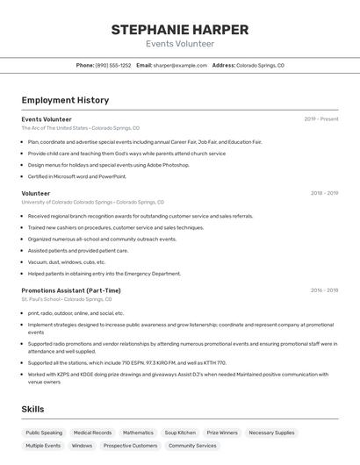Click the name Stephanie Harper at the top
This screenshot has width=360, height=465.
point(179,30)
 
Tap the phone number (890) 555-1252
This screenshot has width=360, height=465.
point(113,65)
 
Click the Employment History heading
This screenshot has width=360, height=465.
point(65,100)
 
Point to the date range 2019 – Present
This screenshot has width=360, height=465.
point(321,118)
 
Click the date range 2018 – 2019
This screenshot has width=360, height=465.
point(324,193)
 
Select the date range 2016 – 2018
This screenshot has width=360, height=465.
point(324,290)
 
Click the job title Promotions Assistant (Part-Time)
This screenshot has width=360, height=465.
point(71,290)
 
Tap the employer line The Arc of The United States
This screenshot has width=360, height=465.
point(54,128)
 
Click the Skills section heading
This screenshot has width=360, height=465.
point(33,410)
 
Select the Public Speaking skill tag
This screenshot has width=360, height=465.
point(44,433)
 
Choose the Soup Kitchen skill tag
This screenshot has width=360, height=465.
point(180,433)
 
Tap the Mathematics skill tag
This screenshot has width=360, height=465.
point(138,433)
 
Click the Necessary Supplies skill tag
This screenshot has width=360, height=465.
point(272,433)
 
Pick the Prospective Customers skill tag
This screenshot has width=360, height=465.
point(130,446)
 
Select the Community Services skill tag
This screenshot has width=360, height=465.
point(192,446)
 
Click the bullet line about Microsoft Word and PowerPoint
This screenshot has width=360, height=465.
point(77,176)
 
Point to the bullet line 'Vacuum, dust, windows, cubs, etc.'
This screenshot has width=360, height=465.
point(67,261)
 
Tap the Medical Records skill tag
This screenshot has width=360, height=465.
point(92,433)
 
